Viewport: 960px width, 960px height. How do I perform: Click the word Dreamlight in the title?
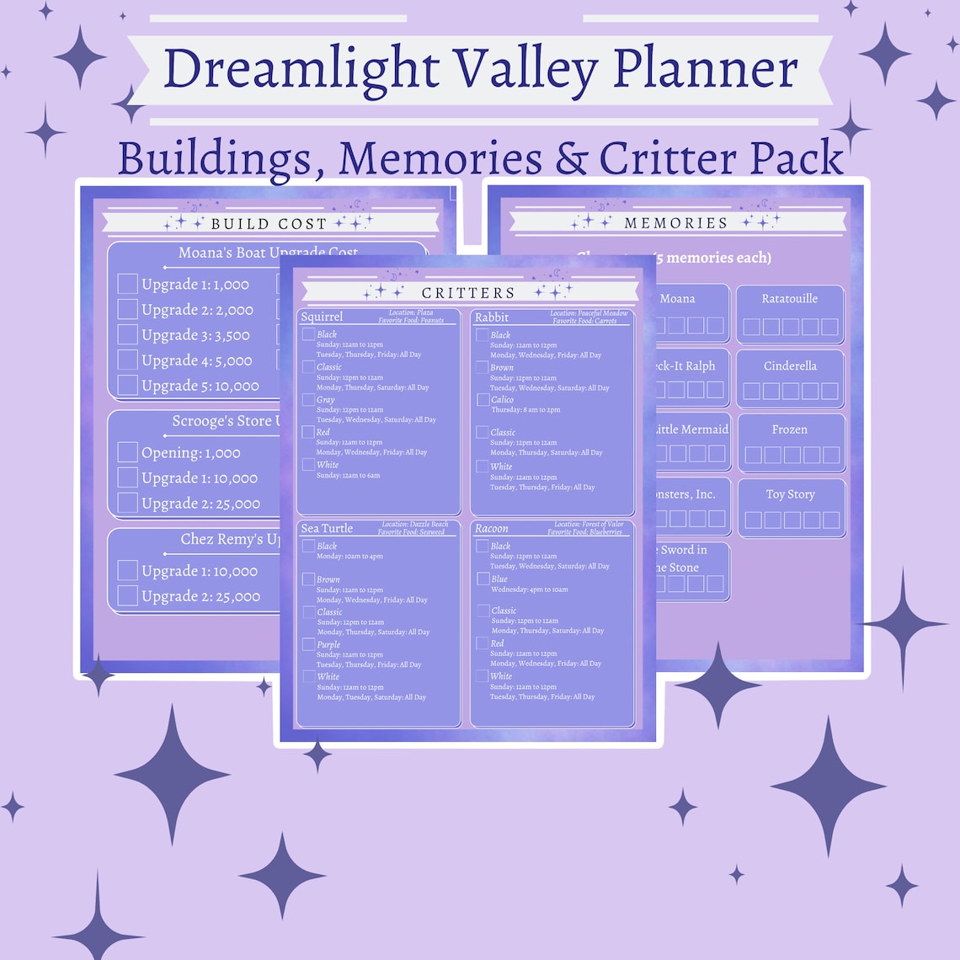coord(300,70)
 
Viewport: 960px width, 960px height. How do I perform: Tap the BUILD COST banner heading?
coord(269,223)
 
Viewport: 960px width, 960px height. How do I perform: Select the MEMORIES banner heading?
coord(675,223)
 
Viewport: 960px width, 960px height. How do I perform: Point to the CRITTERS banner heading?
coord(468,292)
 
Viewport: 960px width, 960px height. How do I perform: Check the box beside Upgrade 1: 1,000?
coord(127,284)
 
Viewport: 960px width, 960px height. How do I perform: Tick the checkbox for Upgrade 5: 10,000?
coord(127,385)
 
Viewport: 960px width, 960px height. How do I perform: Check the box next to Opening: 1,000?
coord(127,452)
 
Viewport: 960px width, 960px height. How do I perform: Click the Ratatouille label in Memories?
coord(789,299)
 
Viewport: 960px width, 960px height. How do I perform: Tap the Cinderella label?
coord(790,366)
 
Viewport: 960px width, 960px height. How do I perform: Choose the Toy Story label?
coord(790,494)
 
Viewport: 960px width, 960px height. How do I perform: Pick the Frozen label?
coord(790,429)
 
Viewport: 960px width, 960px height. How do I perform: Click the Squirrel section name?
coord(322,317)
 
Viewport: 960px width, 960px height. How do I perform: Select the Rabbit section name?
coord(492,317)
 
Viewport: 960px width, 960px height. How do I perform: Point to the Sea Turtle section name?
coord(327,529)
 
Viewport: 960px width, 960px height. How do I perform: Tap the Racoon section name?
coord(492,529)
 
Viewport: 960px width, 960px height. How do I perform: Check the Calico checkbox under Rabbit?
coord(483,400)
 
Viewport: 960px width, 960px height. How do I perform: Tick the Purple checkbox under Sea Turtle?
coord(309,644)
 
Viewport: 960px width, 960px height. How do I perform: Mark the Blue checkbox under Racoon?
coord(483,579)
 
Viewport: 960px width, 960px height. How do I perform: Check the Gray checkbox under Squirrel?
coord(309,399)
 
